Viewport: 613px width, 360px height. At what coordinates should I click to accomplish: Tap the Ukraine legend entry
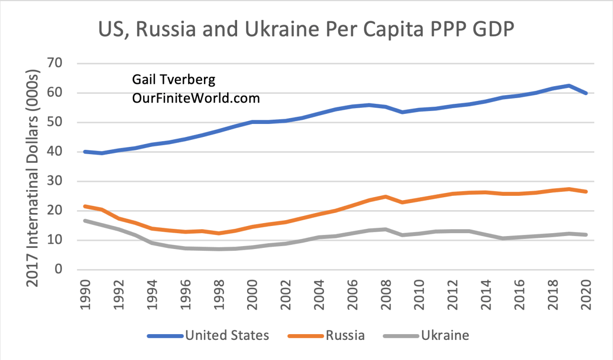point(445,335)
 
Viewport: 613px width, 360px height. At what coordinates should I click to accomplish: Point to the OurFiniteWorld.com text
point(195,98)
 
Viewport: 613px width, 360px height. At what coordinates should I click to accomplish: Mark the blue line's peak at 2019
point(569,86)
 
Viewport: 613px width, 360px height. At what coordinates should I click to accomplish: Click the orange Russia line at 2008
point(386,196)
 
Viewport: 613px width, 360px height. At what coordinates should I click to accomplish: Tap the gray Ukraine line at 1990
point(85,221)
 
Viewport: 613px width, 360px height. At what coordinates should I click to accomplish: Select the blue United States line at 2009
point(402,112)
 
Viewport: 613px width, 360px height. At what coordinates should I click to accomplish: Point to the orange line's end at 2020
point(586,191)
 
